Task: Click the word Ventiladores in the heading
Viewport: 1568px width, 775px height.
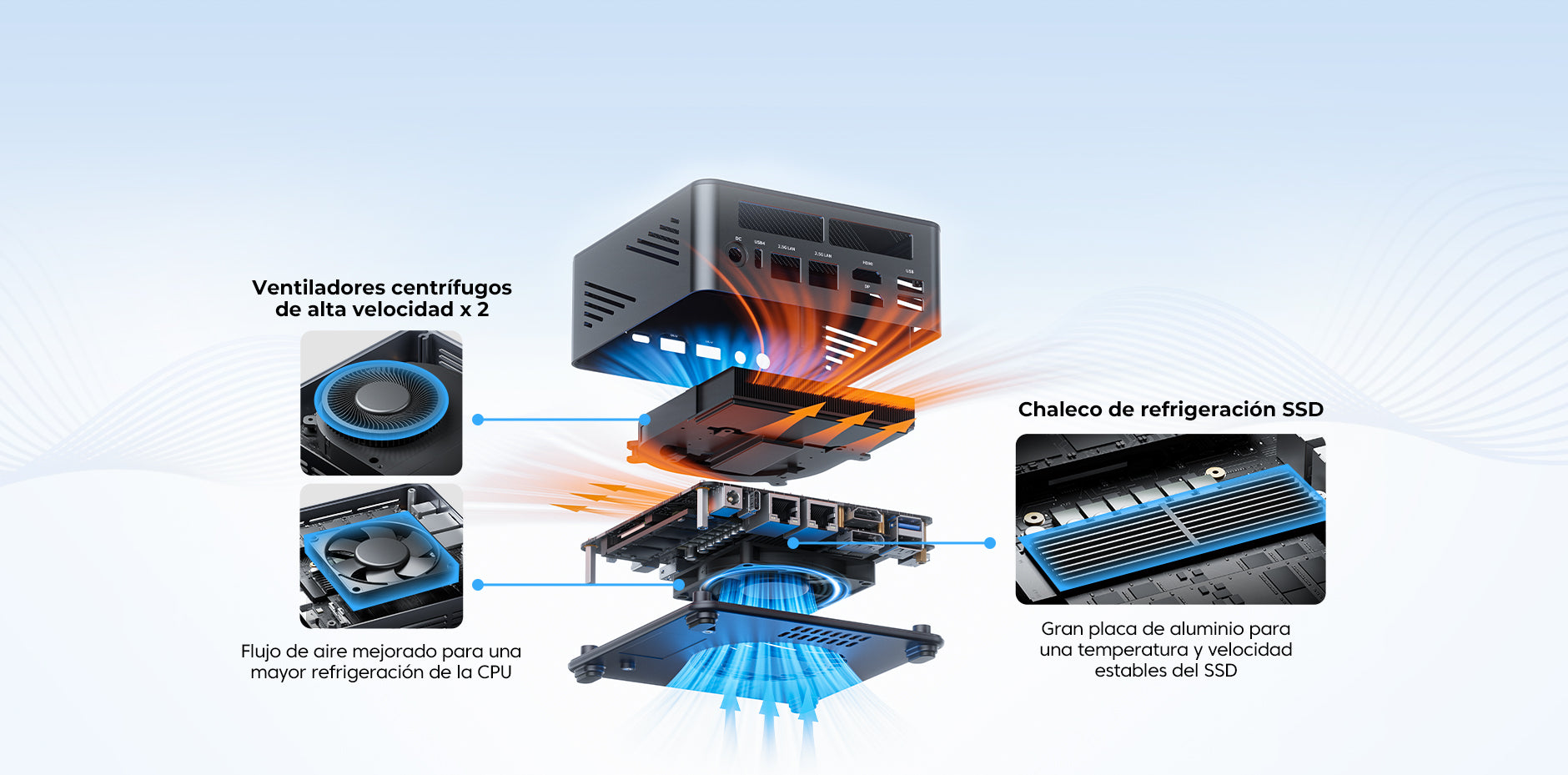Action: point(319,288)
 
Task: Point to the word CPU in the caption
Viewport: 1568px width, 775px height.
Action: point(494,672)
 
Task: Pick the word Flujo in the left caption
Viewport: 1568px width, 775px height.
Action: point(261,652)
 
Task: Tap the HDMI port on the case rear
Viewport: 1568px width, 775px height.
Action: point(867,274)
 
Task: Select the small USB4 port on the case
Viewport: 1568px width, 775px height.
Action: point(758,258)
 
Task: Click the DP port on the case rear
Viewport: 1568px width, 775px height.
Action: point(867,296)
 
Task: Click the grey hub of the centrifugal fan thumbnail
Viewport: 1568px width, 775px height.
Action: point(382,399)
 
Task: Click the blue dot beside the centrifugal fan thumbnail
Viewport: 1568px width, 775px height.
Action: point(478,420)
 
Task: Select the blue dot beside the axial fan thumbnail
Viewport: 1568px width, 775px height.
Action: point(478,585)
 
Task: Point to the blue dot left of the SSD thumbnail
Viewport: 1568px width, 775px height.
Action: point(990,543)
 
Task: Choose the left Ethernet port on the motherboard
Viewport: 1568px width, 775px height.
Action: point(783,508)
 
